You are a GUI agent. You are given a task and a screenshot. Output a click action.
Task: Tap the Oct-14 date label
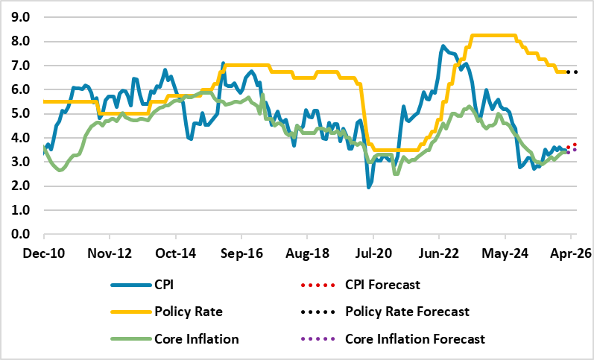tap(177, 253)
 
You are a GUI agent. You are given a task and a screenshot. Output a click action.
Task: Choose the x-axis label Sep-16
tap(242, 253)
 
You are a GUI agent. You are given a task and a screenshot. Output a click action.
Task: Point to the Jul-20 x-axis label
tap(373, 253)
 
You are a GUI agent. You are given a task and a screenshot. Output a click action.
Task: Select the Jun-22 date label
tap(440, 253)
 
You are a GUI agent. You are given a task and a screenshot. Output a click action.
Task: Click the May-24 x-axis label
tap(505, 253)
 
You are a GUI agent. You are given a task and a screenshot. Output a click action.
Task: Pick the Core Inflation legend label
tap(197, 339)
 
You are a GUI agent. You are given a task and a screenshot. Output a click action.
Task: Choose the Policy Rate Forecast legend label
tap(407, 312)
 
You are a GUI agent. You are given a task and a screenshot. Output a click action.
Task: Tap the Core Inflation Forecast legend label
tap(415, 339)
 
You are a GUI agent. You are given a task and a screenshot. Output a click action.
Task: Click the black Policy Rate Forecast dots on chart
tap(572, 72)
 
